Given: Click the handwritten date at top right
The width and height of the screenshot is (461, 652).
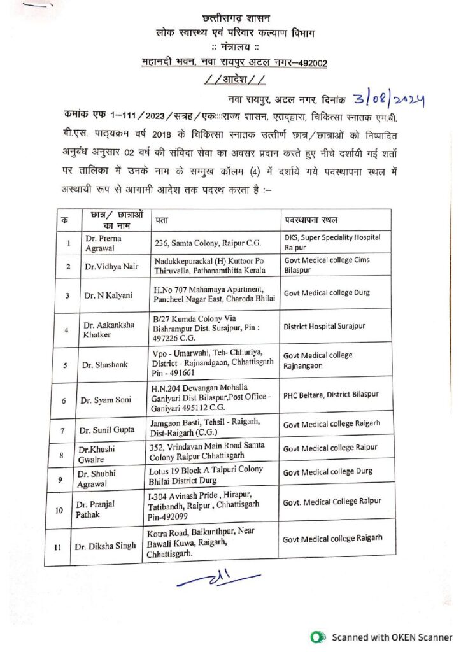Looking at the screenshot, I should coord(387,100).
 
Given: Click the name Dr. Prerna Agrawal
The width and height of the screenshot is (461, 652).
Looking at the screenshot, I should coord(103,243).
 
